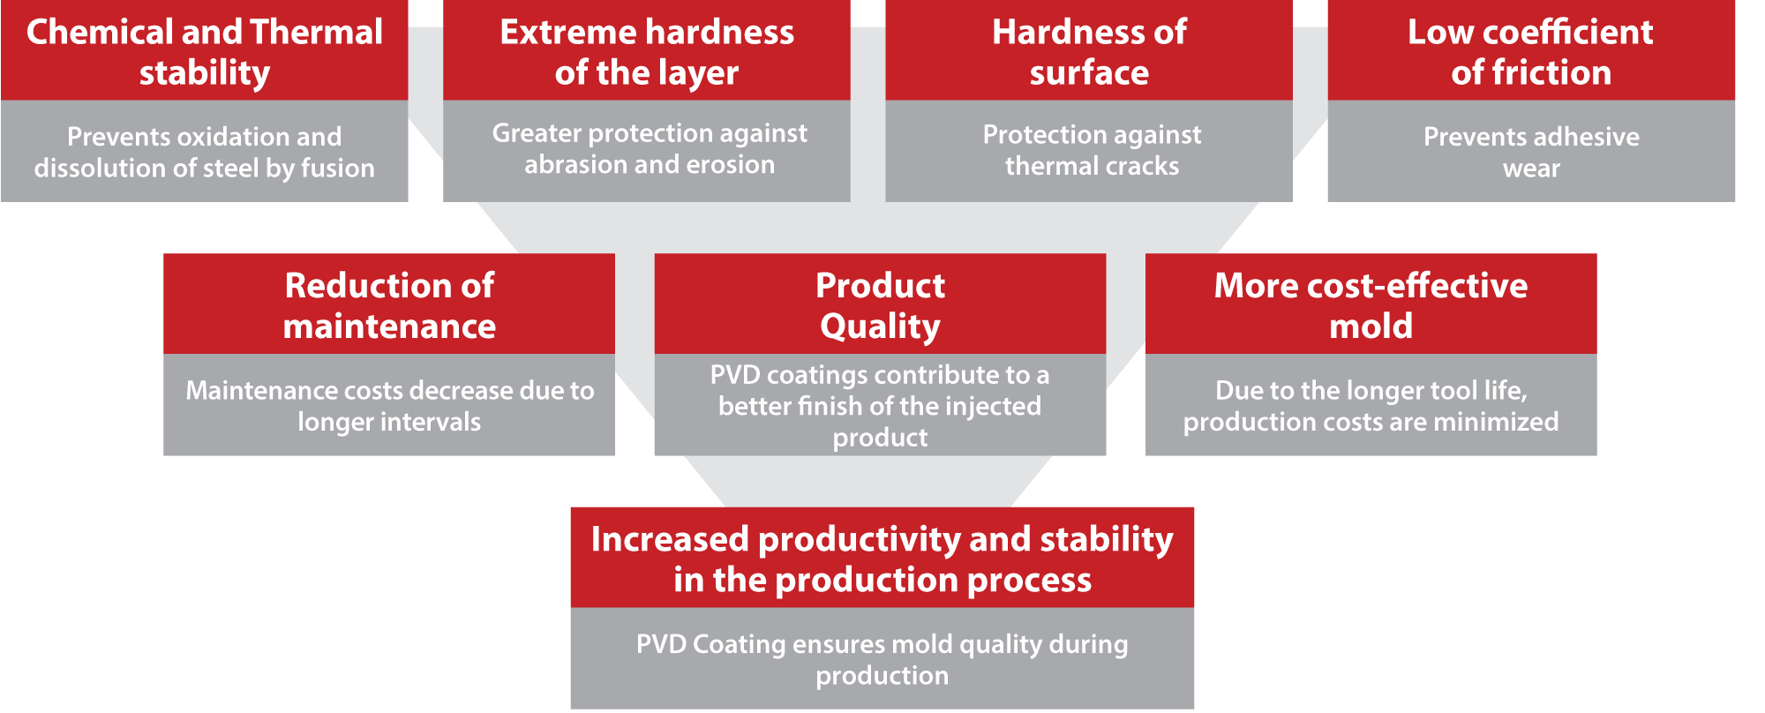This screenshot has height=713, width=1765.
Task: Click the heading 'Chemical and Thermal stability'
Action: click(205, 52)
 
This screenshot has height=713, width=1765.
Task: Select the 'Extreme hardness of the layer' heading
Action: click(647, 52)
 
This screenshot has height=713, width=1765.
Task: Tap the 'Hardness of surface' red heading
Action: click(1089, 52)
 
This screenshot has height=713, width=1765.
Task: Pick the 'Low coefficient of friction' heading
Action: click(1531, 52)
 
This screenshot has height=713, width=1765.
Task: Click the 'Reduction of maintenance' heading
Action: click(389, 305)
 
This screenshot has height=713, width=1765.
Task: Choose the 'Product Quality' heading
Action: click(880, 305)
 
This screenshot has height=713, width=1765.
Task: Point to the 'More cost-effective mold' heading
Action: click(1371, 305)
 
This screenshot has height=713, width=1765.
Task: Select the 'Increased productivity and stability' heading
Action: click(882, 539)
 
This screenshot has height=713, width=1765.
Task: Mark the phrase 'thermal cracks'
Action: click(1092, 166)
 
